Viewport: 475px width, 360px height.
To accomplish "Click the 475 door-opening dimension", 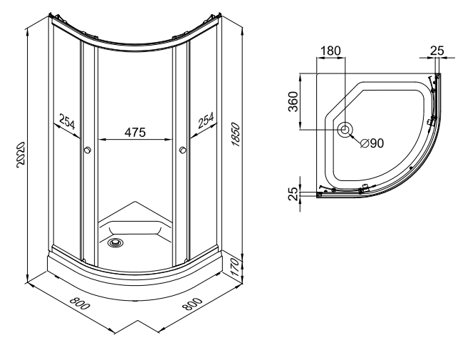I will tap(135, 132).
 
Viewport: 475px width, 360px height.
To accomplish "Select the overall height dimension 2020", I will tap(21, 154).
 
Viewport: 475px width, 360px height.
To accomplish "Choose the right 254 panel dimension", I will tap(204, 122).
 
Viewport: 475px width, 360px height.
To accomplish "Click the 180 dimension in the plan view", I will tap(331, 51).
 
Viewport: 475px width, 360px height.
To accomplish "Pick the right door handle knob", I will tap(183, 150).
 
